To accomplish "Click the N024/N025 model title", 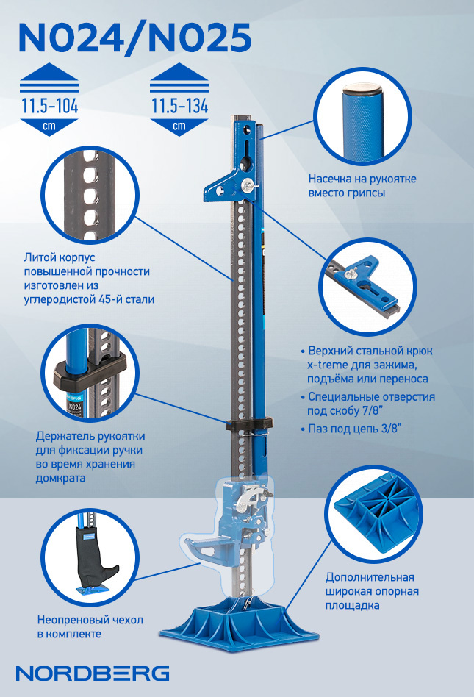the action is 134,39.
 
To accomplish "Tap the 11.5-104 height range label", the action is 49,107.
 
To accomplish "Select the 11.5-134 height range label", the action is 179,107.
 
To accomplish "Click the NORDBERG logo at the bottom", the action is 93,673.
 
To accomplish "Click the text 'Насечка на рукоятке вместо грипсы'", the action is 362,186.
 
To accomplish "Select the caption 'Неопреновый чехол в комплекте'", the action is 90,626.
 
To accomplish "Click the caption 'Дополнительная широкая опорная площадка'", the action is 373,591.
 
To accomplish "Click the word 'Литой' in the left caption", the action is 35,257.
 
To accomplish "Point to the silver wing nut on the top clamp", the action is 247,184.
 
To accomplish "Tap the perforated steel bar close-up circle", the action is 90,195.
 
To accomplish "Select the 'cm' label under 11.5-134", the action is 179,126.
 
